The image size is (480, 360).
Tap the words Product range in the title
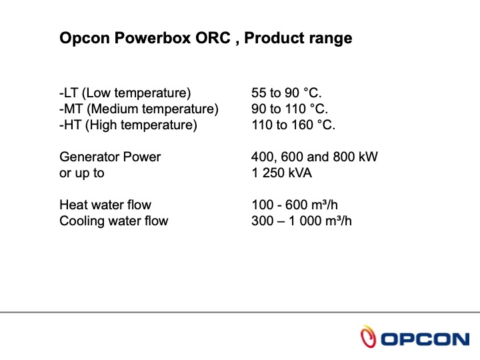(298, 38)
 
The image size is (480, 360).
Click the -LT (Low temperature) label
(125, 93)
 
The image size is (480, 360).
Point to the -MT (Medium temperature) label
(139, 109)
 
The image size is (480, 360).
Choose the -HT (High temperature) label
(129, 125)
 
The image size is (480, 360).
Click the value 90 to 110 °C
(290, 109)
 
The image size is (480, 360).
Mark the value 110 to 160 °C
(293, 125)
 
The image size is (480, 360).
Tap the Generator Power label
(110, 157)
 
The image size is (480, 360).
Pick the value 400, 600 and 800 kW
(315, 157)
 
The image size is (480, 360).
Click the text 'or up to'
(82, 173)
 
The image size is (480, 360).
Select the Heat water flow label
(105, 205)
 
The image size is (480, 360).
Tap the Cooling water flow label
(114, 221)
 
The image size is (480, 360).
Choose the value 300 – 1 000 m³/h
(301, 221)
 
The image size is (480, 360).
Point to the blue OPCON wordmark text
(425, 339)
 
